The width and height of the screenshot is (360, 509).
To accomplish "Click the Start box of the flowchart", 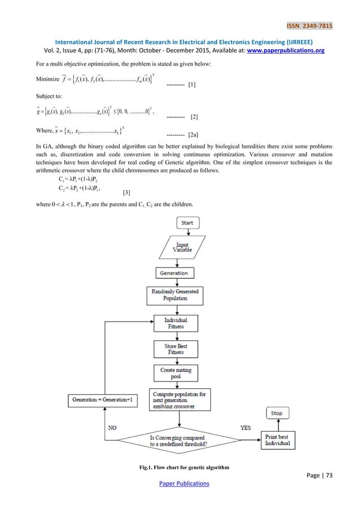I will (187, 223).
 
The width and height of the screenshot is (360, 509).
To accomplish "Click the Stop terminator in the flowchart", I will (276, 413).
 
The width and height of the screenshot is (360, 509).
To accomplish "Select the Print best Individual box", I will (278, 440).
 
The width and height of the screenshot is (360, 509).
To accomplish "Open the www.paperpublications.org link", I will (292, 50).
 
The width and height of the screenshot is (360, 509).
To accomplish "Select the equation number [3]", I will (126, 193).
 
